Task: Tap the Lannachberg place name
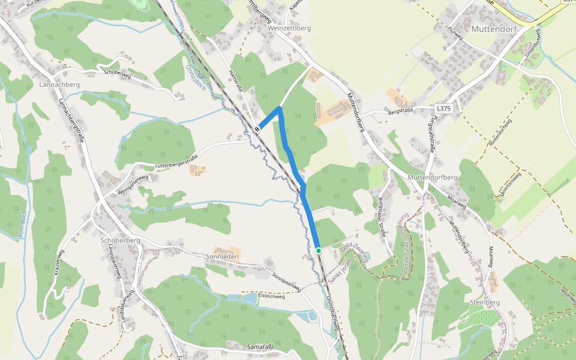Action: [59, 85]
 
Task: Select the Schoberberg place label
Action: [121, 240]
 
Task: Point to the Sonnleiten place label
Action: [222, 256]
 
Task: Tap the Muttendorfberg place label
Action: [432, 178]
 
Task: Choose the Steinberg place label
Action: [485, 302]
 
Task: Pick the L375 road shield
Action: [443, 109]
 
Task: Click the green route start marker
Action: [319, 250]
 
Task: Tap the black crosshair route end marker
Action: [257, 128]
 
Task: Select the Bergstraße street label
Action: [402, 112]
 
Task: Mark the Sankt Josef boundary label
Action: [338, 265]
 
